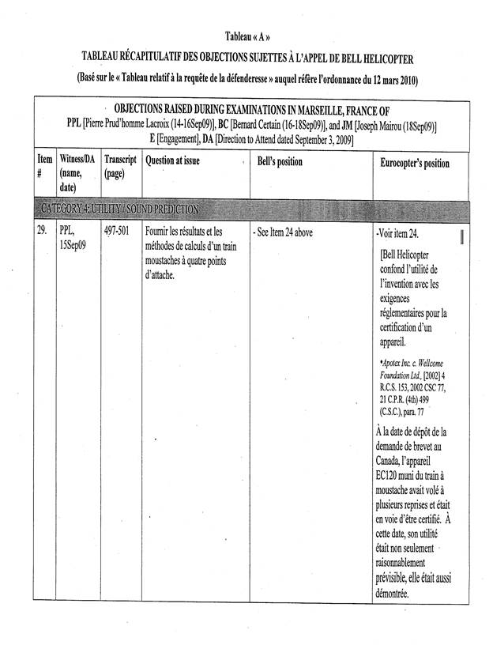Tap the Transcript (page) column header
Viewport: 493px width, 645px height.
(x=119, y=168)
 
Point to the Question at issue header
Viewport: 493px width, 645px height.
(x=172, y=161)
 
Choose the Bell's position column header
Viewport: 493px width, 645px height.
(x=280, y=161)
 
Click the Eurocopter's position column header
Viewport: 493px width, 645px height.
(x=413, y=163)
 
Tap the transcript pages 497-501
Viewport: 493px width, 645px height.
(x=117, y=232)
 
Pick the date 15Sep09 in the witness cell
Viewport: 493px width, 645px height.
(x=73, y=245)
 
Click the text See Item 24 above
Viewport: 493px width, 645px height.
(x=282, y=233)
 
